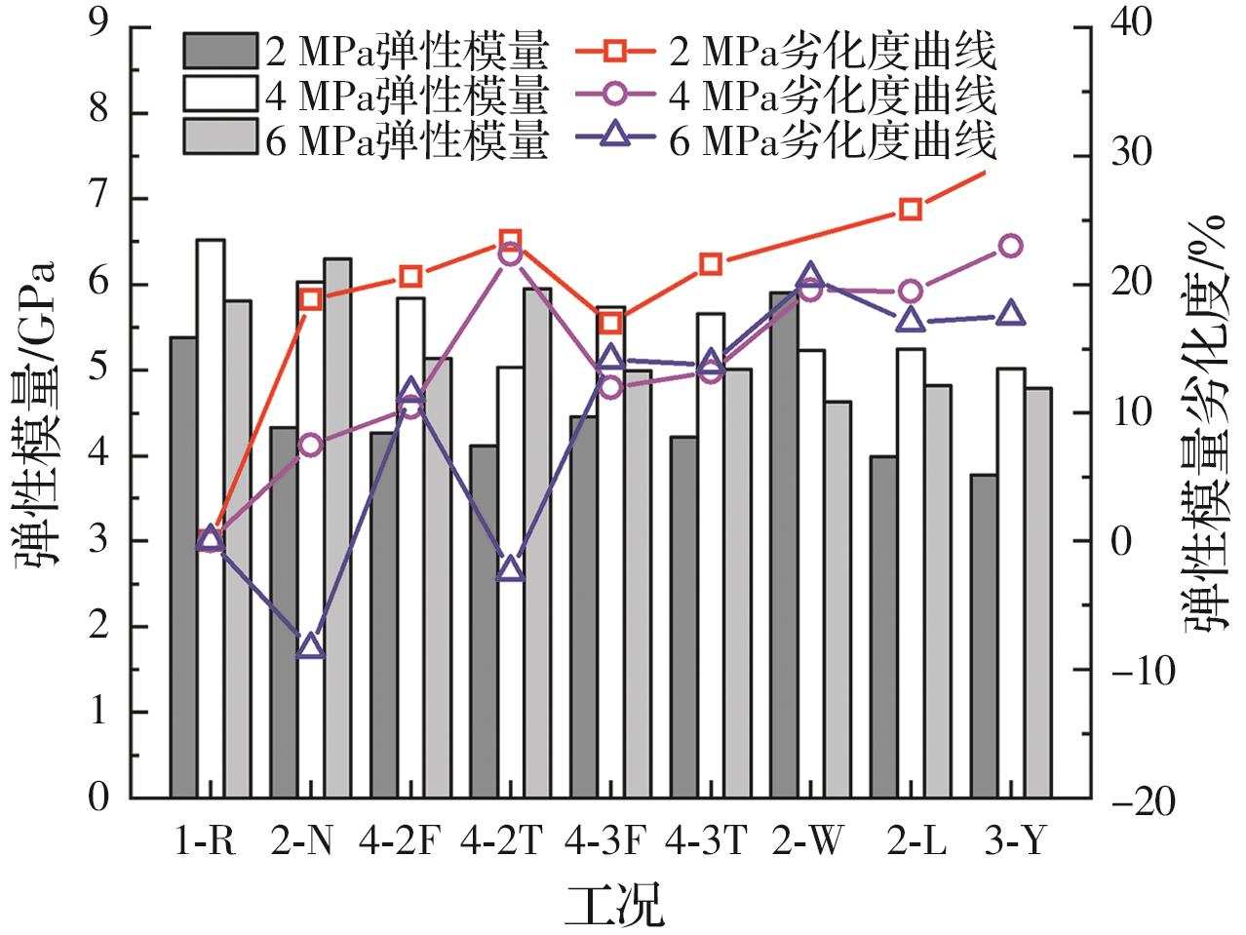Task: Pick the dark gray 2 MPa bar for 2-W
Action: coord(784,545)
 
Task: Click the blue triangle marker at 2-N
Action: coord(311,646)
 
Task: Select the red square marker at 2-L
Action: coord(911,210)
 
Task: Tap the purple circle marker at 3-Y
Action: coord(1011,246)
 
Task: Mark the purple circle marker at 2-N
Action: coord(311,446)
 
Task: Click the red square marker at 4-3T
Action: coord(711,264)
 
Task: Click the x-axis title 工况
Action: coord(615,904)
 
